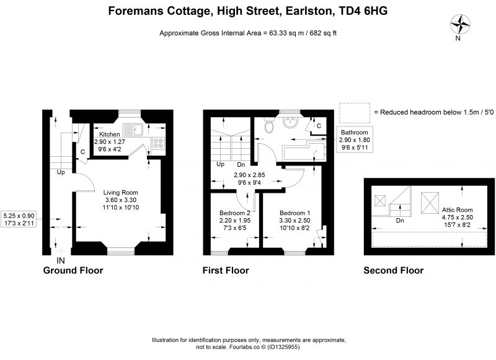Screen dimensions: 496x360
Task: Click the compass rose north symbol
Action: [460, 25]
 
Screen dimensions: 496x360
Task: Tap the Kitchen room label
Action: [110, 134]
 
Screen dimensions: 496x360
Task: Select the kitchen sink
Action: [133, 130]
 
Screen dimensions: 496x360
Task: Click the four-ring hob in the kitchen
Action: [159, 143]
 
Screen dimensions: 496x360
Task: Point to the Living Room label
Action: [120, 193]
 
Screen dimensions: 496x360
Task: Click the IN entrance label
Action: [60, 260]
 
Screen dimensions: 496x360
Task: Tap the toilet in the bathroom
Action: [270, 125]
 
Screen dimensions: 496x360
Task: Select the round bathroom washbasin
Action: [290, 121]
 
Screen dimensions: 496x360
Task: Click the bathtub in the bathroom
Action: [304, 152]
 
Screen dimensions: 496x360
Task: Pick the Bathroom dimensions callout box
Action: [354, 139]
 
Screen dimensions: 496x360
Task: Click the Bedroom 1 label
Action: [294, 213]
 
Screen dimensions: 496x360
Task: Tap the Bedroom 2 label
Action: [235, 213]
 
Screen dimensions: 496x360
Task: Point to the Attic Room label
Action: [457, 210]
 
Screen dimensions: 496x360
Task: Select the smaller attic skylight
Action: [380, 201]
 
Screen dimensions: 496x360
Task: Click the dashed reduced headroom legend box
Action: [355, 113]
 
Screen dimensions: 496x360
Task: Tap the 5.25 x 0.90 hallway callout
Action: [19, 219]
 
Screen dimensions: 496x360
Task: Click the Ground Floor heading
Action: [73, 271]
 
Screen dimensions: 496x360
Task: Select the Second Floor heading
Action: [394, 271]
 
